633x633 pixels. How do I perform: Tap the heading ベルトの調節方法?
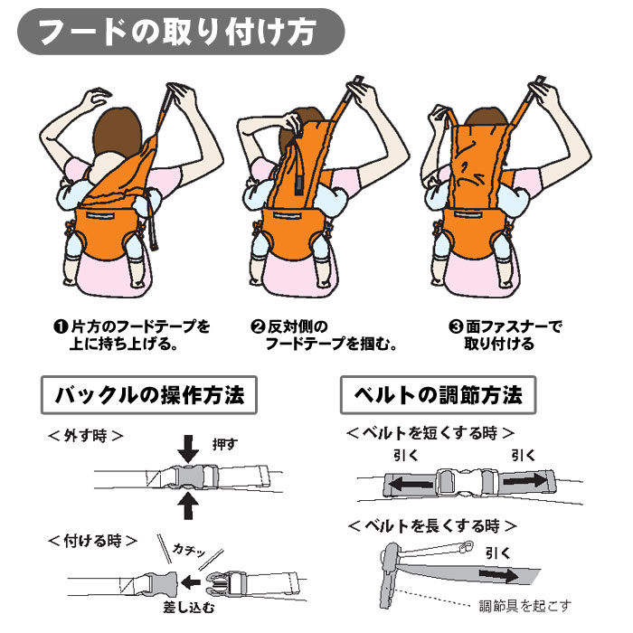(x=438, y=395)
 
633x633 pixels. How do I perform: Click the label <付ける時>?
(x=90, y=542)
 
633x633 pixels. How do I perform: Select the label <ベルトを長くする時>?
(x=432, y=524)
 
